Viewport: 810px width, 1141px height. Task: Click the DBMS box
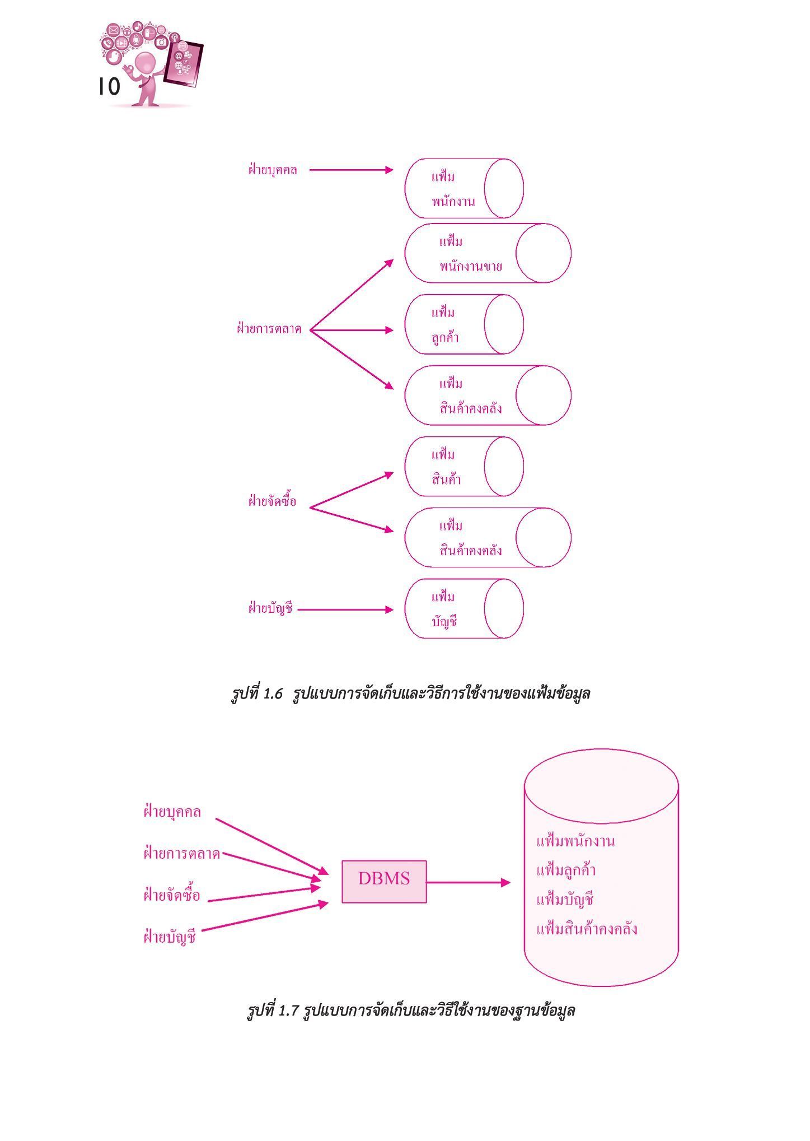click(x=384, y=882)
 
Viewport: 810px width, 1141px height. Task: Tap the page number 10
click(x=109, y=87)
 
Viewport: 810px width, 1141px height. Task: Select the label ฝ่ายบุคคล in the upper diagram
click(x=273, y=170)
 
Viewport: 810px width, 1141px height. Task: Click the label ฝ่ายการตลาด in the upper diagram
click(x=269, y=329)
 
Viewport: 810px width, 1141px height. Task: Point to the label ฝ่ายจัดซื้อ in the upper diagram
click(x=272, y=501)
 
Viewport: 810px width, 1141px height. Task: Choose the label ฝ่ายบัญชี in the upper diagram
click(x=271, y=608)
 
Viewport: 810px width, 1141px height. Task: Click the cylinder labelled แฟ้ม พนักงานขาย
click(x=488, y=253)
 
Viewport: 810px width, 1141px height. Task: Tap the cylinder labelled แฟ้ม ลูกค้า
click(x=464, y=324)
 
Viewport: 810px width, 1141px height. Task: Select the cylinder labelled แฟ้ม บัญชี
click(x=464, y=609)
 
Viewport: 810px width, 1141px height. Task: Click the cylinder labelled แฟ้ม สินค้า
click(x=464, y=467)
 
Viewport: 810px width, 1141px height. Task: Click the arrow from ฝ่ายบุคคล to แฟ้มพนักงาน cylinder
click(x=352, y=170)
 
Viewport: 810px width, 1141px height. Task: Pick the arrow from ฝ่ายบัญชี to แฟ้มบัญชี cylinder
click(x=346, y=609)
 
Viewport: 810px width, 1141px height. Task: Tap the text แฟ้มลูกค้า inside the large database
click(x=566, y=870)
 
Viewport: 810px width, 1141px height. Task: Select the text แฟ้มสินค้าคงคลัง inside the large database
click(x=587, y=929)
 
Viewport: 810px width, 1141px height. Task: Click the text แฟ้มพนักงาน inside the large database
click(x=575, y=841)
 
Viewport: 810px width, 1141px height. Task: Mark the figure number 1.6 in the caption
click(x=272, y=693)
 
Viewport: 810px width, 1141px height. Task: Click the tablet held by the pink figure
click(x=183, y=63)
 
